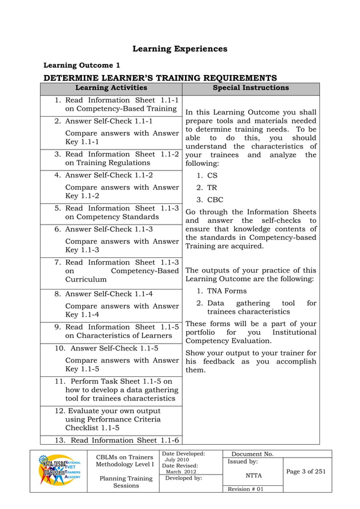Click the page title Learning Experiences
179,49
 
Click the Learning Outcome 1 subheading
82,65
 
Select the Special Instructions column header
251,88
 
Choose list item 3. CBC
210,199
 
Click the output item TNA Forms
222,291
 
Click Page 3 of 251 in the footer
306,472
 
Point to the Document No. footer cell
252,454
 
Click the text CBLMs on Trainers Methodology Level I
125,460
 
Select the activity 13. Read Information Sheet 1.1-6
117,440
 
